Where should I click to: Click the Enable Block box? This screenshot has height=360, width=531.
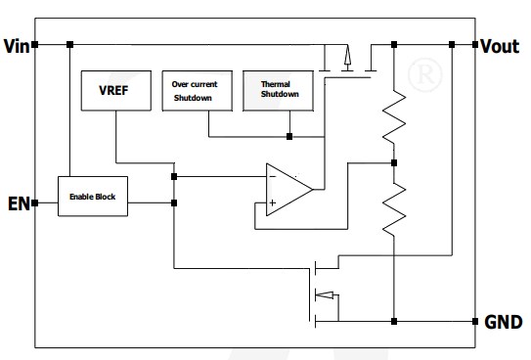pos(93,197)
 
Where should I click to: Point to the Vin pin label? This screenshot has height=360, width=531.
pos(17,46)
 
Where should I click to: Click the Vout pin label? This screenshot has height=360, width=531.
pos(500,46)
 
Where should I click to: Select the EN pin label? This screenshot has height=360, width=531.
pos(17,203)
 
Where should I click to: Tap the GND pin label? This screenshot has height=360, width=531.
pos(503,322)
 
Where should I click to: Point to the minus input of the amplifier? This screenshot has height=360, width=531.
pos(271,176)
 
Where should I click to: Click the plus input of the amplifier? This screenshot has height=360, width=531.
pos(271,202)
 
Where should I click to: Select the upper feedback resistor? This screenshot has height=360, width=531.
pos(393,115)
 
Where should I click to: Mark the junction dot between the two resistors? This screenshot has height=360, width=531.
pos(393,162)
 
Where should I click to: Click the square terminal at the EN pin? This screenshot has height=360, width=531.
pos(34,203)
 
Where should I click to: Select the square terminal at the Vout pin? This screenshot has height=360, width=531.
pos(474,45)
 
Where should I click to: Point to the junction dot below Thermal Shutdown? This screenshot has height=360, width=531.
pos(289,135)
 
